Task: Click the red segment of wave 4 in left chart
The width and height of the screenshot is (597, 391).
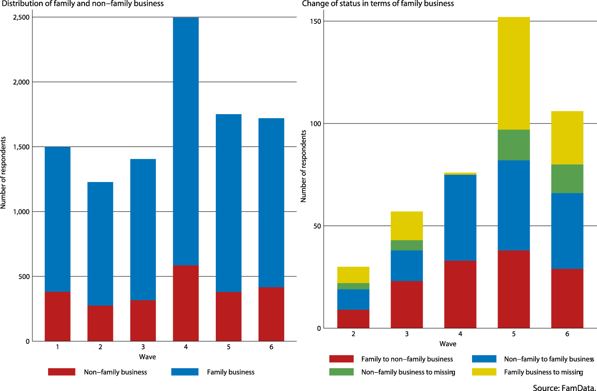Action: (186, 303)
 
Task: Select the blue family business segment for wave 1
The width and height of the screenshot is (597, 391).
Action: (58, 219)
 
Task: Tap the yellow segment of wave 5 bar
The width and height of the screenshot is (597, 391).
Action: (513, 73)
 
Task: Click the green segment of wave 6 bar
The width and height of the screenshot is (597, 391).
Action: (567, 179)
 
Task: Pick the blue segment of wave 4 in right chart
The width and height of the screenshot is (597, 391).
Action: (460, 218)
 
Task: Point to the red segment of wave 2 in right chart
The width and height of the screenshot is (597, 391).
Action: (353, 319)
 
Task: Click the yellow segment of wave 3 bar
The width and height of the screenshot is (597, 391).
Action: (406, 226)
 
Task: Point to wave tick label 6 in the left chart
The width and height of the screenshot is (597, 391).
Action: (271, 348)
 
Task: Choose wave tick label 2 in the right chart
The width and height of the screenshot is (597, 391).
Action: (353, 335)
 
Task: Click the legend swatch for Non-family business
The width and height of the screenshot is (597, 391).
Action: (62, 372)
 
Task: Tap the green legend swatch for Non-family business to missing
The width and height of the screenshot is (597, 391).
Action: (342, 372)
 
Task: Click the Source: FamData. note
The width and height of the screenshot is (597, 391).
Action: (564, 387)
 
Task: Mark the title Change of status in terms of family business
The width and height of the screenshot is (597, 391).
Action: (378, 4)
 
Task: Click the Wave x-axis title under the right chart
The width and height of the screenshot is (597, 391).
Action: (448, 344)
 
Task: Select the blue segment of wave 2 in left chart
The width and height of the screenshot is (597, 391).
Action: (100, 244)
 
